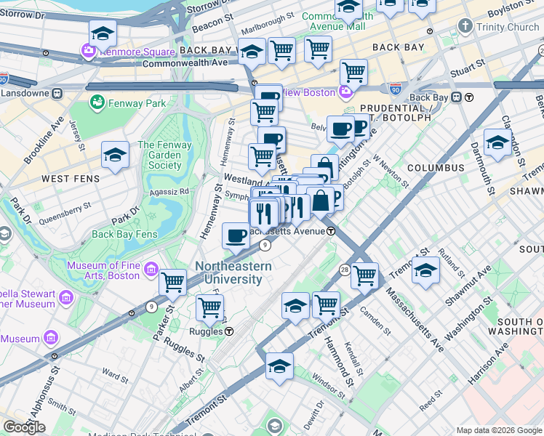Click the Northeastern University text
click(x=233, y=273)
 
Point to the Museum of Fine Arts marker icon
click(x=151, y=270)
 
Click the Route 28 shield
click(x=344, y=270)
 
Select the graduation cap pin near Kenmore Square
click(x=103, y=34)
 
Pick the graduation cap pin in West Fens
click(x=115, y=156)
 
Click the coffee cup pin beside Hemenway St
click(x=236, y=236)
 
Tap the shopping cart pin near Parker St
click(x=172, y=282)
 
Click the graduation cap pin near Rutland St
click(x=425, y=271)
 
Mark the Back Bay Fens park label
click(x=124, y=235)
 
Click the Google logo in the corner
click(x=23, y=427)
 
